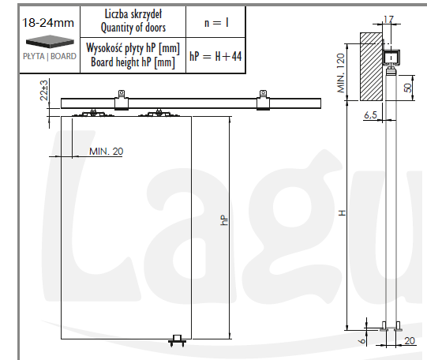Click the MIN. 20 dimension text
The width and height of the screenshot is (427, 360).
click(106, 150)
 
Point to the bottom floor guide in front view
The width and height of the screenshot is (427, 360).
click(178, 339)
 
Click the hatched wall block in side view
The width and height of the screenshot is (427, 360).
click(370, 66)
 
